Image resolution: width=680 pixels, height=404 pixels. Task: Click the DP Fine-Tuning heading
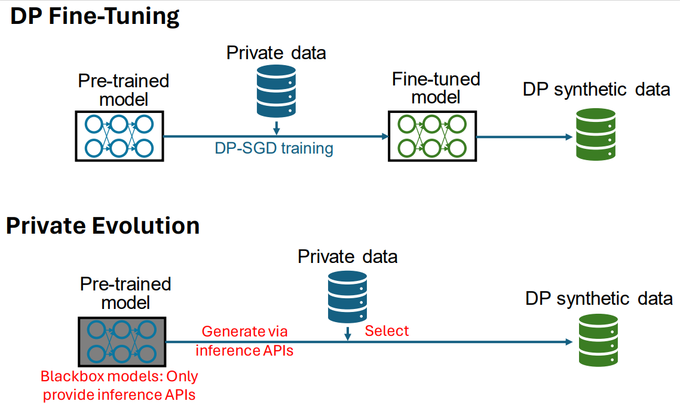coord(95,16)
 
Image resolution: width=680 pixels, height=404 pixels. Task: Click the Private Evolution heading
coord(102,226)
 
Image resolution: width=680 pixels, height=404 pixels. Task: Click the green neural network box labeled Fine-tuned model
coord(431,136)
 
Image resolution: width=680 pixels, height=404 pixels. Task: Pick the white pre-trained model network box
coord(120,135)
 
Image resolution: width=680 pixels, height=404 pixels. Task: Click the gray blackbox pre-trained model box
coord(122,341)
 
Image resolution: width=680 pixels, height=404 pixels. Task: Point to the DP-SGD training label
coord(274,148)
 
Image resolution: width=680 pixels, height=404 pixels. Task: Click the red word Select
coord(387,330)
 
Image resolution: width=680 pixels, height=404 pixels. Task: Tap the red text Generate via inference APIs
coord(245,341)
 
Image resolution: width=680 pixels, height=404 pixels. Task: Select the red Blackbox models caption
coord(120,385)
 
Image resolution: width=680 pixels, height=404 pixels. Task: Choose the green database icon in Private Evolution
coord(598,341)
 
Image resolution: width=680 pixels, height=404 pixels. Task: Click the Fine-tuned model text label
coord(436,88)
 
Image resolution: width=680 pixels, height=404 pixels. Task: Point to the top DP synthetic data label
coord(596,90)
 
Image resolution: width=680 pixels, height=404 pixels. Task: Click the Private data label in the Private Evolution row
coord(347,256)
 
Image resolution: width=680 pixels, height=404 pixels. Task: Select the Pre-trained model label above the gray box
coord(125,292)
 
